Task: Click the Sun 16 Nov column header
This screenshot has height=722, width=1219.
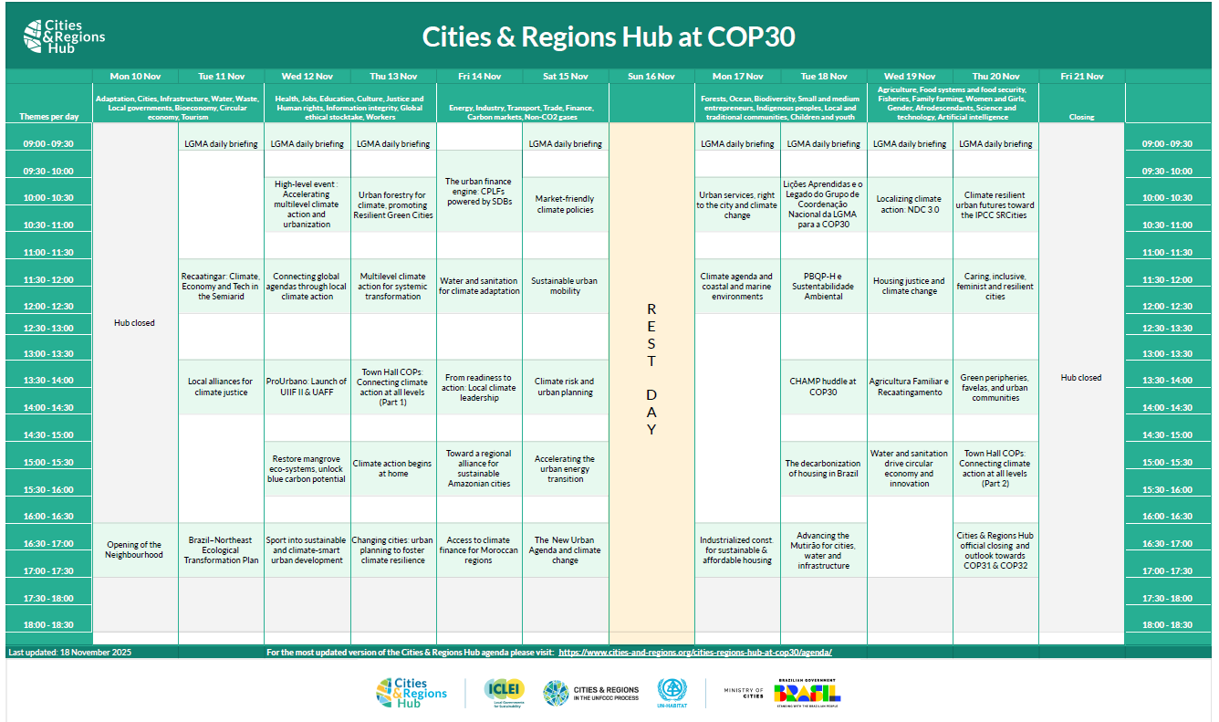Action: point(651,77)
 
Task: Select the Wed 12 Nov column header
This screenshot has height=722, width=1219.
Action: point(307,77)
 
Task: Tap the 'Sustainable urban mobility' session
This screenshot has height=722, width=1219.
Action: point(565,286)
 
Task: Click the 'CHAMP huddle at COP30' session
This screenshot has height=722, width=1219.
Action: point(823,387)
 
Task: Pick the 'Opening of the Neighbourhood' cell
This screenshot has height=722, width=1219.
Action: point(134,549)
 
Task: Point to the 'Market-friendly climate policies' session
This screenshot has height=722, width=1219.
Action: point(565,204)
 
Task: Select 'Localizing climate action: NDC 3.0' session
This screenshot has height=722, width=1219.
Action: point(909,204)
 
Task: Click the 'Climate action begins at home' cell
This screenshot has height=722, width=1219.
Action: point(392,468)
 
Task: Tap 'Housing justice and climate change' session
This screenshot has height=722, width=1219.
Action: point(909,286)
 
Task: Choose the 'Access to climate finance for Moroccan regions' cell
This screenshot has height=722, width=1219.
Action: point(479,549)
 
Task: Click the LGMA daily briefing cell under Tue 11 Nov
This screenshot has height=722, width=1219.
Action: point(221,144)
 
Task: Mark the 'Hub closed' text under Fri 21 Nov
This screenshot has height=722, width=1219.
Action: point(1081,378)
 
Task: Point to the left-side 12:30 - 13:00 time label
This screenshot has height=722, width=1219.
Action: point(49,328)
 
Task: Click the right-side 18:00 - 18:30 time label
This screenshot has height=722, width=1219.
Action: point(1167,625)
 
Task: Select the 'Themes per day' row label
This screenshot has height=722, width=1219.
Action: point(49,117)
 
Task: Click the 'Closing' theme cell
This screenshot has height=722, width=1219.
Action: point(1081,117)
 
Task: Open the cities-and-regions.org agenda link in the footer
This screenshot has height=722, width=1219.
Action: point(694,653)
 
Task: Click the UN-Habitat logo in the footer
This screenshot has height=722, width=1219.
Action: point(672,693)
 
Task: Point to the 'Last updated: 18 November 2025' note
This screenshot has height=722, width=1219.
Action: point(57,653)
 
